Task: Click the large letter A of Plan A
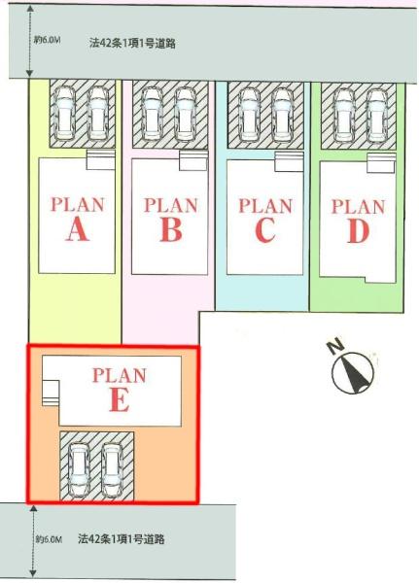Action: coord(78,229)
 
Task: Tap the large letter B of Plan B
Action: coord(171,229)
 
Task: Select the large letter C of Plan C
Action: coord(265,230)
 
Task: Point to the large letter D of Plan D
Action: coord(359,231)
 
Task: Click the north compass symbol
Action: coord(353,372)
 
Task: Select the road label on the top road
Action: coord(132,44)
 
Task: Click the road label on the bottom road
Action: coord(122,538)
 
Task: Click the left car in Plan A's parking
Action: coord(64,114)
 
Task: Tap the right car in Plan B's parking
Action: coord(185,114)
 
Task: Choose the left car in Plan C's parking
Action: coord(249,115)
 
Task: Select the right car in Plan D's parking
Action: coord(376,116)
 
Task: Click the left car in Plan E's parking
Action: coord(79,470)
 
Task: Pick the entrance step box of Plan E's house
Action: coord(51,393)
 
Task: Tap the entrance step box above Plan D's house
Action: coord(381,163)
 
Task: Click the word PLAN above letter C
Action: coord(265,206)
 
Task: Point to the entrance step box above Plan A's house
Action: coord(100,160)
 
